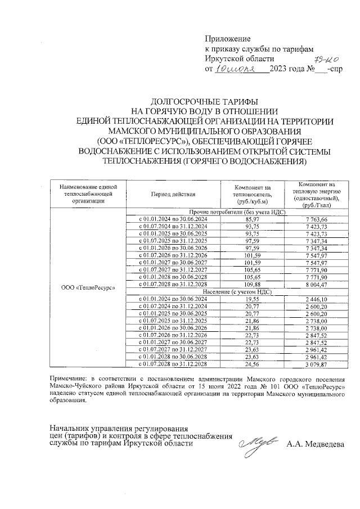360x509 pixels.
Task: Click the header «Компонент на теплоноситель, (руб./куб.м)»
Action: coord(253,193)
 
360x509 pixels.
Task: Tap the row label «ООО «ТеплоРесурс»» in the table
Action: coord(87,287)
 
